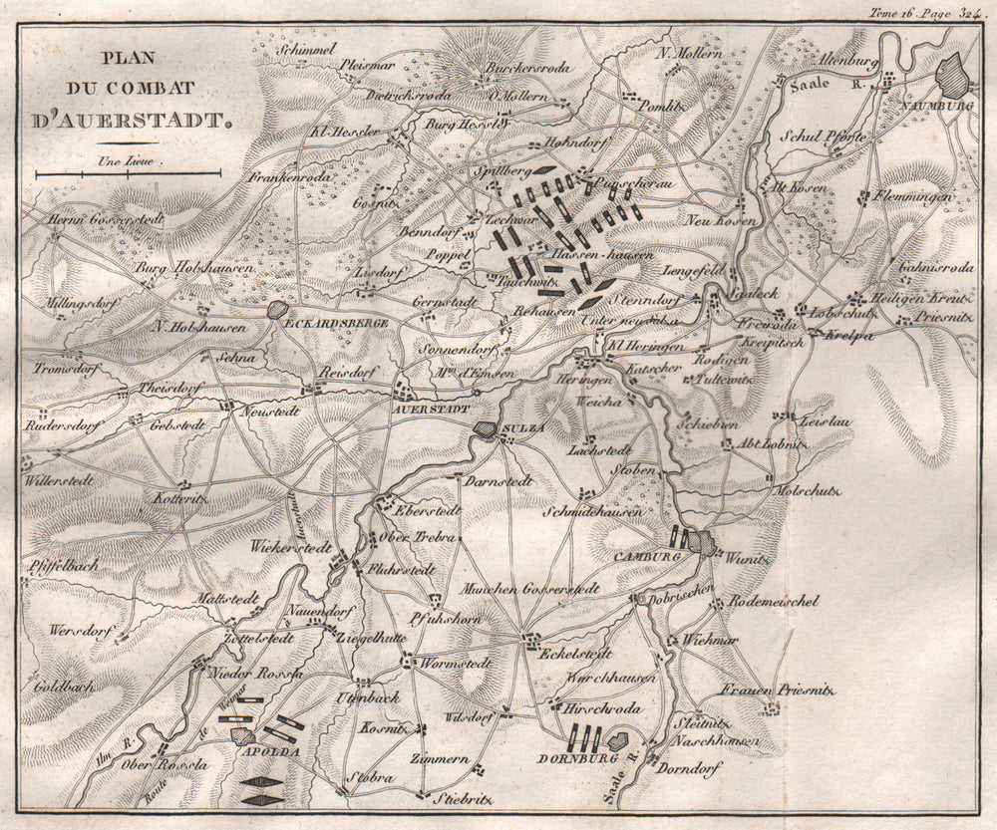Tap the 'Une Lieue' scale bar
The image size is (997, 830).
128,173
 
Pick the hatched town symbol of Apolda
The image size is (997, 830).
241,736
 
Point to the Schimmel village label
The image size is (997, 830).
304,47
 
